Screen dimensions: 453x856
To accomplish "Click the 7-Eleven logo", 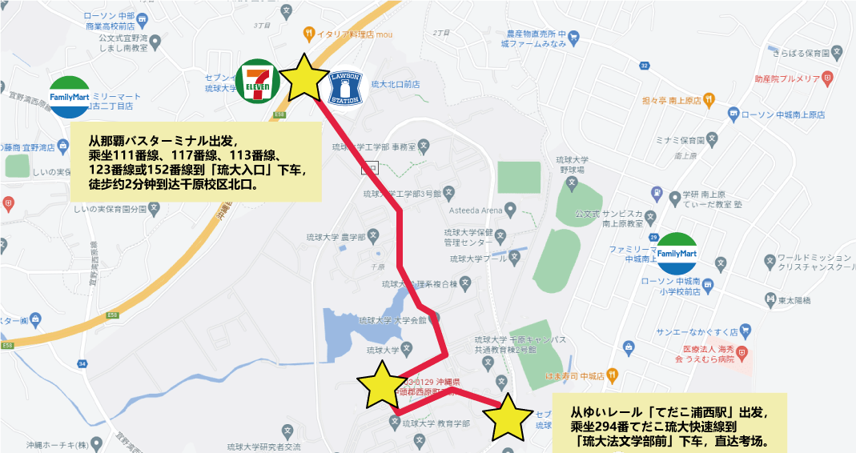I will tap(256, 81).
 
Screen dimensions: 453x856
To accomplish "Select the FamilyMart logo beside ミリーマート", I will tap(70, 98).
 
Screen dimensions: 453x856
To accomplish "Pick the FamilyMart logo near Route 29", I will tap(675, 253).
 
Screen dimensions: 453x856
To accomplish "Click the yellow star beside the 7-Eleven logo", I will tap(303, 78).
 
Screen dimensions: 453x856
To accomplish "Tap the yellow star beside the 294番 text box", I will tap(508, 418).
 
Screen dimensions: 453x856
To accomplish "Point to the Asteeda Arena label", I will tap(479, 211).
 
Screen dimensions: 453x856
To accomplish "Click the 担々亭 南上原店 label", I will tap(673, 102).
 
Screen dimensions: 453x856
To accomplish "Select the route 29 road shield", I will tap(654, 238).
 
